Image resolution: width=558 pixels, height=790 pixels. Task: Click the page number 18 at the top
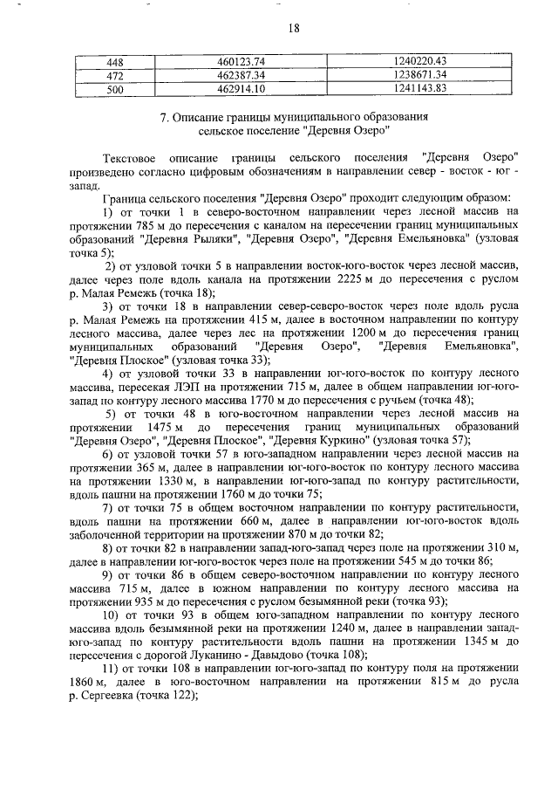point(293,28)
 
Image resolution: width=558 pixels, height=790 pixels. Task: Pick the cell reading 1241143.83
point(419,88)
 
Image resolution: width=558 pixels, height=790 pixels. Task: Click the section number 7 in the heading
point(165,117)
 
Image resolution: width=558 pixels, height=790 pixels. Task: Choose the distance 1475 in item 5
point(161,427)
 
